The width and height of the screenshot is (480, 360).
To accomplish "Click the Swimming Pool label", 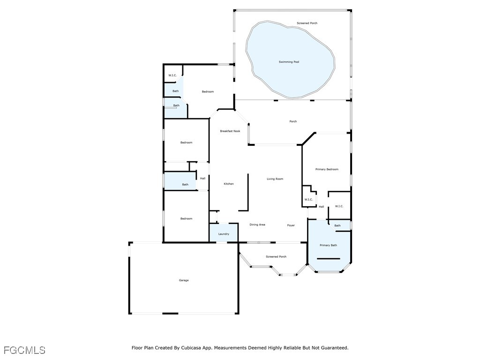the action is tap(289, 62).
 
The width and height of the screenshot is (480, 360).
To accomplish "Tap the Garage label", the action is tap(184, 280).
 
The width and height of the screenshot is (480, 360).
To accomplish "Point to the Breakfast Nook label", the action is tap(230, 131).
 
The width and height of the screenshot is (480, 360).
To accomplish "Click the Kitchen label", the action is tap(229, 184).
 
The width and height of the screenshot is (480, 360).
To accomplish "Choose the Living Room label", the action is tap(275, 179).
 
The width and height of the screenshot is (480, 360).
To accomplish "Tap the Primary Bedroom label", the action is tap(327, 169).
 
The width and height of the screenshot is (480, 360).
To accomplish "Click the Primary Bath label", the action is tap(328, 245).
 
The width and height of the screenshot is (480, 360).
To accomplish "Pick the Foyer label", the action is tap(291, 225).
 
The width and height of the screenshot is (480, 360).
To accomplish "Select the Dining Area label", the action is tap(257, 225).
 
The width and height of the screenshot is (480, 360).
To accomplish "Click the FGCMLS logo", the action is tap(24, 350).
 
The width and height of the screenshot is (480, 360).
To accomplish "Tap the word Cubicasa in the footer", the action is tap(191, 348).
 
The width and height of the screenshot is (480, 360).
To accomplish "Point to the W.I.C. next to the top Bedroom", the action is tap(172, 75).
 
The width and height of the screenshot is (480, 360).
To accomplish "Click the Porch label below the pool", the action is tap(293, 121).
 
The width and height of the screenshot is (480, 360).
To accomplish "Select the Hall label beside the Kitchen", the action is tap(202, 179).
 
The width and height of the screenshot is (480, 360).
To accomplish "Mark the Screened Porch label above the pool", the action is tap(307, 23).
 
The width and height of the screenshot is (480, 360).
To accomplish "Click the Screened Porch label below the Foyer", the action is tap(276, 256).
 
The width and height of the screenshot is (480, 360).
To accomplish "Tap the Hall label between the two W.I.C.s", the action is tap(321, 207).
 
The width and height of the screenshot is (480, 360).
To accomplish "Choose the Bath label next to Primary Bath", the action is tap(337, 225).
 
